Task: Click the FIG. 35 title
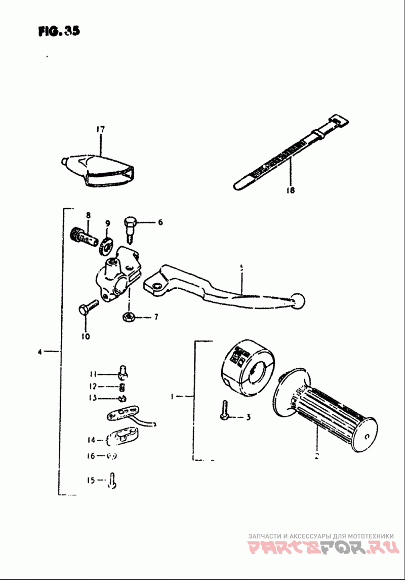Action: click(x=59, y=31)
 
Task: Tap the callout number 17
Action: click(x=100, y=130)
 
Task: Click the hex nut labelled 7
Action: click(x=129, y=318)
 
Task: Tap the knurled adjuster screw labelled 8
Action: click(x=83, y=236)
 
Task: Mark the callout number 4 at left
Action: click(x=39, y=351)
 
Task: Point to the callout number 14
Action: click(x=91, y=440)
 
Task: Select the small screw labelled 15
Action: click(x=113, y=480)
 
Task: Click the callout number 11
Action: click(x=92, y=374)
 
